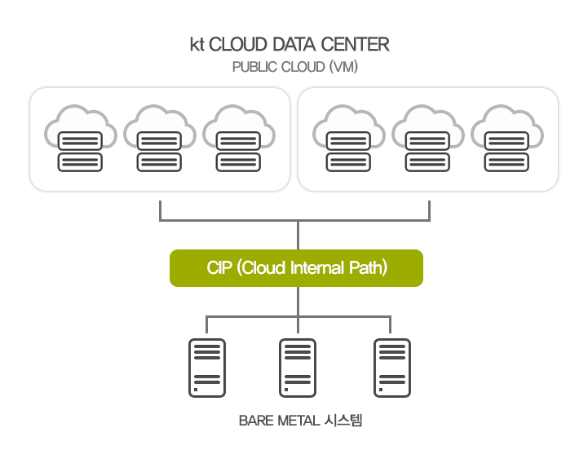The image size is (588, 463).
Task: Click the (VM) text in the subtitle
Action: (x=343, y=67)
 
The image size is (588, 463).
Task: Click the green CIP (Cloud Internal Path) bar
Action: (x=296, y=268)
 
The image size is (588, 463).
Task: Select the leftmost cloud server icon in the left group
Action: (x=80, y=139)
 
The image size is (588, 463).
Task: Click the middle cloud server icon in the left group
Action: (x=159, y=139)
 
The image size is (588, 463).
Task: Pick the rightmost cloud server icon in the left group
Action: (x=238, y=139)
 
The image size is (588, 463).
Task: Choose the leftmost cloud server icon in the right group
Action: (x=348, y=139)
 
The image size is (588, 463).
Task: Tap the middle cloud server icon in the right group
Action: (x=427, y=139)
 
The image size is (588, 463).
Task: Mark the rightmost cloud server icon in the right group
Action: (x=506, y=139)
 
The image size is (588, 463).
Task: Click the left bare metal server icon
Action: (x=207, y=368)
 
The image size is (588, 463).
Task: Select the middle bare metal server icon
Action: (x=298, y=368)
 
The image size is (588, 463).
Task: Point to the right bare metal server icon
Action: (x=391, y=368)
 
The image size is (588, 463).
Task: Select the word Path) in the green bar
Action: (x=368, y=268)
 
